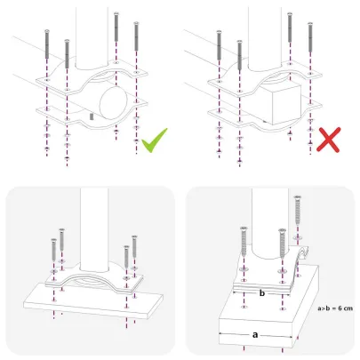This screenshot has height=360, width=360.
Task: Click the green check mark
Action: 156,140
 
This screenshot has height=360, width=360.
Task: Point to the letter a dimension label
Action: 255,334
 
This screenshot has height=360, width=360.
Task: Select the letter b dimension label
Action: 262,291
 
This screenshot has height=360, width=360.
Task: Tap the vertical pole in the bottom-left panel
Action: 93,227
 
